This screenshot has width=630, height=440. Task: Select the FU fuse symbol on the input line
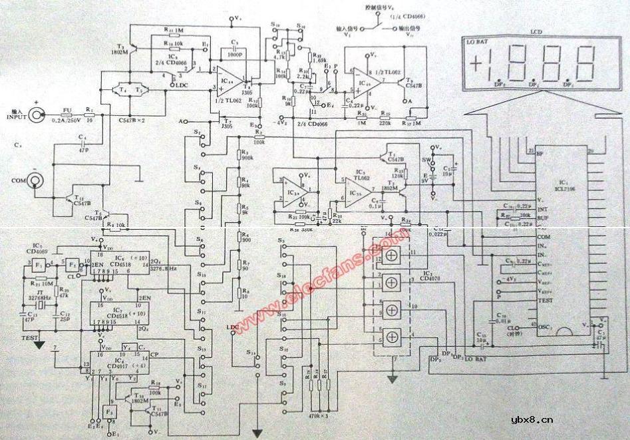point(66,114)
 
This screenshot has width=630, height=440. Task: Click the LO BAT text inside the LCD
point(477,41)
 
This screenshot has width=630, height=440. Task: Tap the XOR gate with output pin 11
point(387,254)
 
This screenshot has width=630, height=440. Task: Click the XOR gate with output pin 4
point(387,335)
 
